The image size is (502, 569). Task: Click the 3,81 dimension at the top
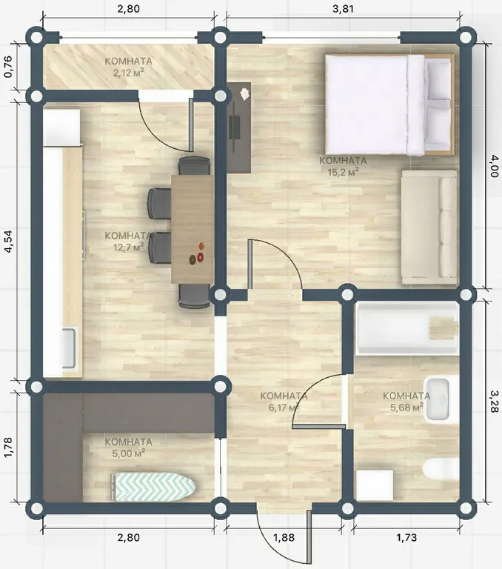pyautogui.click(x=343, y=8)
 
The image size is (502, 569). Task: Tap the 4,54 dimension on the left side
pyautogui.click(x=8, y=241)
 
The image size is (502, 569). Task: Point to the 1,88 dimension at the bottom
pyautogui.click(x=284, y=537)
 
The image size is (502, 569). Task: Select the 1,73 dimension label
pyautogui.click(x=406, y=537)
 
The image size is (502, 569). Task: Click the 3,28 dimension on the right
pyautogui.click(x=494, y=401)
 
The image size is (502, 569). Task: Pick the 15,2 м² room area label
pyautogui.click(x=343, y=172)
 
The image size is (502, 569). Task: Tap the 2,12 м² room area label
pyautogui.click(x=128, y=73)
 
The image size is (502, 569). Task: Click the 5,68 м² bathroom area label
pyautogui.click(x=406, y=407)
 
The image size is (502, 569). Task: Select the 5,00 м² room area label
pyautogui.click(x=128, y=453)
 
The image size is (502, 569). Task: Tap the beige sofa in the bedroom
pyautogui.click(x=429, y=227)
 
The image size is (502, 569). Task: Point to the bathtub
pyautogui.click(x=407, y=328)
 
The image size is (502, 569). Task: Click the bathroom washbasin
pyautogui.click(x=437, y=400)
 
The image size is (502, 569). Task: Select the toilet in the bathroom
pyautogui.click(x=441, y=468)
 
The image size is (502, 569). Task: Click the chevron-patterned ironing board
pyautogui.click(x=153, y=487)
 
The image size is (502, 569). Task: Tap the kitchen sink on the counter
pyautogui.click(x=69, y=347)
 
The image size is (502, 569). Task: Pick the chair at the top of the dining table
pyautogui.click(x=194, y=166)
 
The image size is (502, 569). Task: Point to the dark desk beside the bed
pyautogui.click(x=238, y=127)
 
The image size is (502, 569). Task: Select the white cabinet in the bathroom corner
pyautogui.click(x=375, y=485)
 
